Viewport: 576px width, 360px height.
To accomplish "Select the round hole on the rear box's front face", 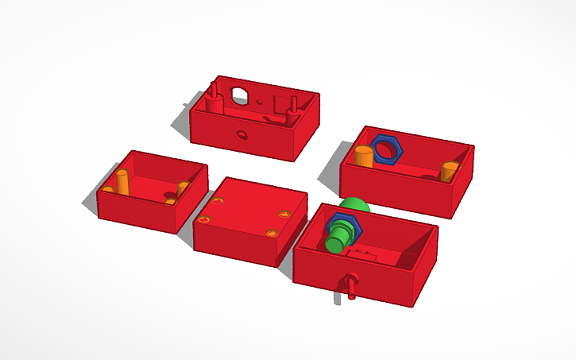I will point(241,136).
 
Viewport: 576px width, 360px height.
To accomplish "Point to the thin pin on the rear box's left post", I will point(215,86).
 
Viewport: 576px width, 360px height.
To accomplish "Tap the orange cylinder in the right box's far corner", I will point(449,171).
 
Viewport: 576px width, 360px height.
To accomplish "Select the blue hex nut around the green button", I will point(343,226).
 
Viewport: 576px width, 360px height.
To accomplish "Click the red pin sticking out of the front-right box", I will point(350,285).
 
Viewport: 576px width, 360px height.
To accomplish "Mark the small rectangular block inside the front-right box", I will point(365,255).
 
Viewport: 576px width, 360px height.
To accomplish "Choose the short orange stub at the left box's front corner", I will point(107,190).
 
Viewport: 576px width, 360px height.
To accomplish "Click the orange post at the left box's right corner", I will point(184,188).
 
